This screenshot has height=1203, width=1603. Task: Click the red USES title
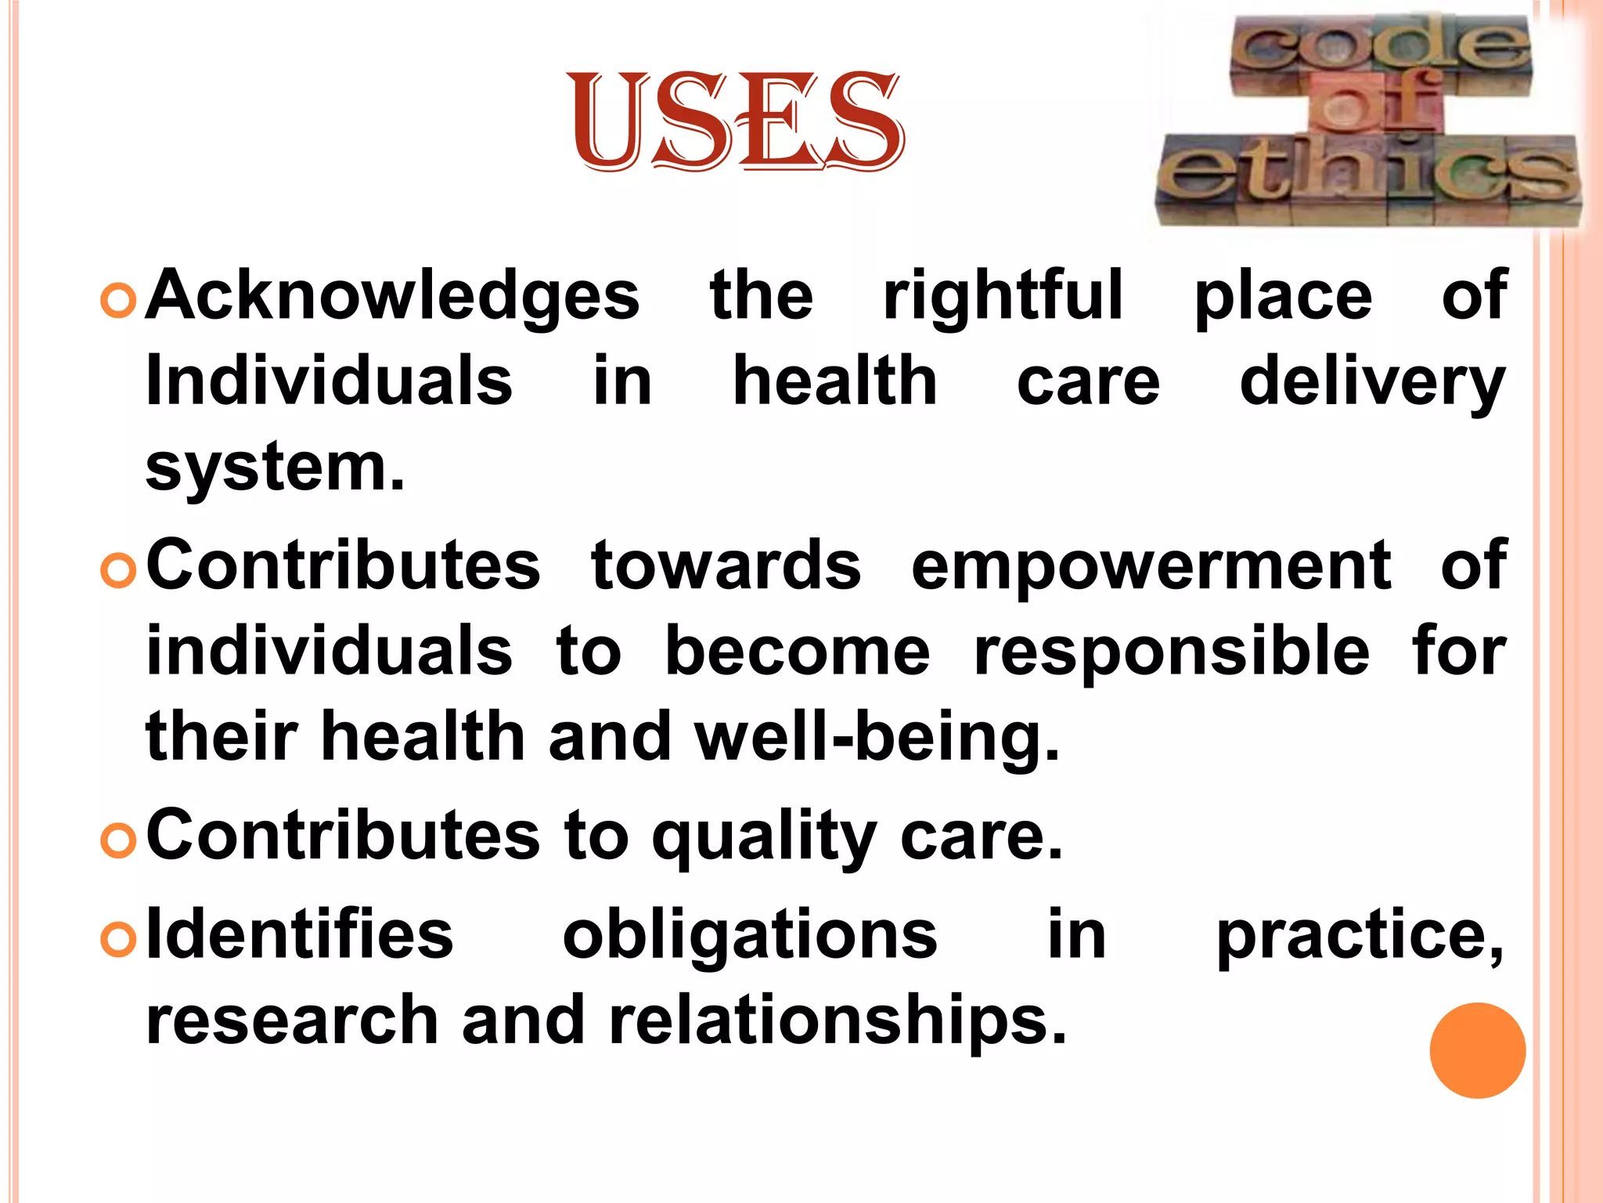737,121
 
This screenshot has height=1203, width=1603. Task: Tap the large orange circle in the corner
1477,1050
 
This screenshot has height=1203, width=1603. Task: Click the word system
275,468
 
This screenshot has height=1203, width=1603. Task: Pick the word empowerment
1151,565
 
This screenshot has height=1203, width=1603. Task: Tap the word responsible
1171,652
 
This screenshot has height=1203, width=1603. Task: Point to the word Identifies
300,934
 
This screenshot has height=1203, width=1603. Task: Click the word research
292,1021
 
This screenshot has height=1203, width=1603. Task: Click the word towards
726,565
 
